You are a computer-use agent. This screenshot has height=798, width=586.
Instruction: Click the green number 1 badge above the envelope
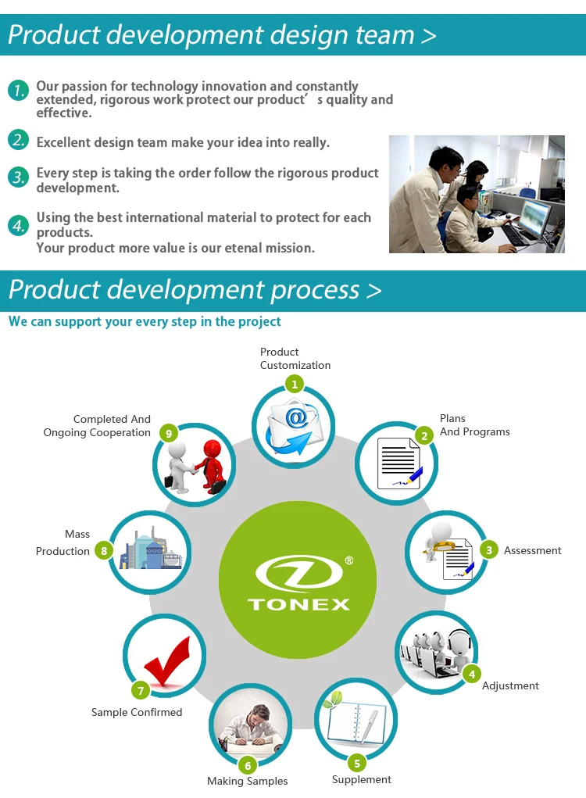coord(294,385)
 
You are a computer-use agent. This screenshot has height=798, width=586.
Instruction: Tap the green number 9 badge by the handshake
coord(168,434)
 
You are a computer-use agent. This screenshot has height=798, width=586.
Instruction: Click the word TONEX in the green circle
coord(298,604)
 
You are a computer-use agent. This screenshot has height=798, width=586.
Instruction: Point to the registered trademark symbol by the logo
coord(349,560)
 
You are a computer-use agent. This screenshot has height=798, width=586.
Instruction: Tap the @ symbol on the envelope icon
coord(296,418)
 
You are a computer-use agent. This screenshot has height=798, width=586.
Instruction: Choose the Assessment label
coord(532,550)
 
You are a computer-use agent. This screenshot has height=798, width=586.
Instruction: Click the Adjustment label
coord(510,686)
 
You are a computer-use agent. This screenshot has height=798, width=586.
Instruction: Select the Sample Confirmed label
coord(136,712)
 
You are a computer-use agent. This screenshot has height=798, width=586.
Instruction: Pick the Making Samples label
coord(247,782)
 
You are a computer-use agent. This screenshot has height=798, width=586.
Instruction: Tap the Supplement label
coord(361,780)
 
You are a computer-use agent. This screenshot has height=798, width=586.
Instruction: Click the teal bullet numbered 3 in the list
coord(18,177)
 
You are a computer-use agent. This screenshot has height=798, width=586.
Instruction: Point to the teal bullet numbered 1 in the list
coord(18,91)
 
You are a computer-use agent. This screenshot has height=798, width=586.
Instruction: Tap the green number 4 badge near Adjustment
coord(472,675)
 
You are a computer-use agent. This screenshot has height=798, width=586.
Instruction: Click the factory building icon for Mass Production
coord(151,549)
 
